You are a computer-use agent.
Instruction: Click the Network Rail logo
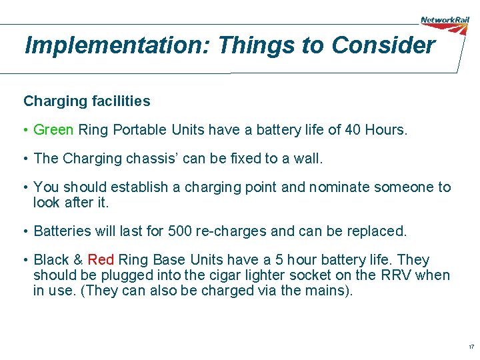pyautogui.click(x=445, y=21)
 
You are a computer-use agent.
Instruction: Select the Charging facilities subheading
pyautogui.click(x=87, y=101)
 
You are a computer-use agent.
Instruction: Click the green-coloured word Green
pyautogui.click(x=53, y=129)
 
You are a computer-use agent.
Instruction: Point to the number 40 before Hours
pyautogui.click(x=353, y=129)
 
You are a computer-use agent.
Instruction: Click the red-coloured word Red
pyautogui.click(x=101, y=260)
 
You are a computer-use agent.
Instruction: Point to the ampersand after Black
pyautogui.click(x=77, y=260)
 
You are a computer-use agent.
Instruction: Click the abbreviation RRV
pyautogui.click(x=398, y=275)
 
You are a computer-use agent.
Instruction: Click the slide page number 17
pyautogui.click(x=471, y=347)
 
